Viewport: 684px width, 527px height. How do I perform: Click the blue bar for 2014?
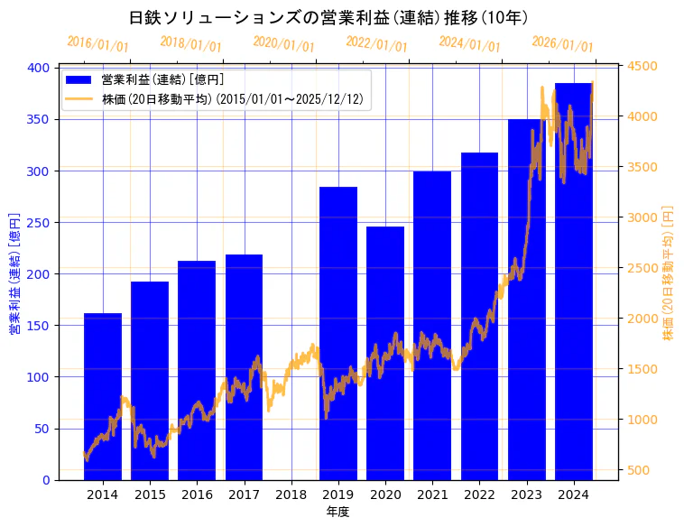point(103,397)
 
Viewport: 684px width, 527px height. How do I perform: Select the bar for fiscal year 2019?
point(338,334)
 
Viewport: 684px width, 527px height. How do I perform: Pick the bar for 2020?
point(385,353)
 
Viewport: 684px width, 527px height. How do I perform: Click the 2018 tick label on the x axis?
point(291,494)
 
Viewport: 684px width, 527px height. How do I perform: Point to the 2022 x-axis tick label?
point(479,494)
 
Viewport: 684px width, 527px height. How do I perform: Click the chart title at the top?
point(328,18)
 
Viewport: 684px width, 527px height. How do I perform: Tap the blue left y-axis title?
point(14,273)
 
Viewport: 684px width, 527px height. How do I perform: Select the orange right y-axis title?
point(669,273)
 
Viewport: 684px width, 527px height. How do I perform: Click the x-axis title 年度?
point(337,512)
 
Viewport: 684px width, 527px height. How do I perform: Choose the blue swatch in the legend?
point(79,80)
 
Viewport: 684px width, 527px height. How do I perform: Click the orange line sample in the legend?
point(79,99)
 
